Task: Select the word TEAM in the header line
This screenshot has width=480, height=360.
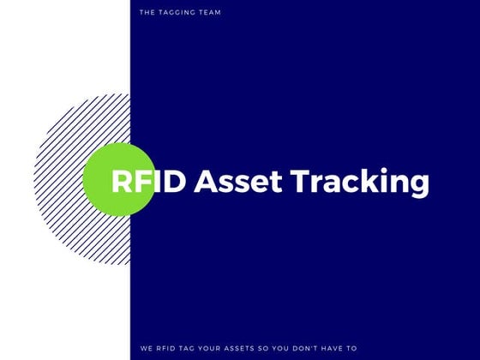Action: [209, 13]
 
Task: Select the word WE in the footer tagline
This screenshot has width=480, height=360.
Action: [145, 348]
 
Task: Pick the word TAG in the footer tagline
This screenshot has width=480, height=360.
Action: [191, 348]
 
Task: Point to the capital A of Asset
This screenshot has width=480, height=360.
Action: [205, 182]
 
